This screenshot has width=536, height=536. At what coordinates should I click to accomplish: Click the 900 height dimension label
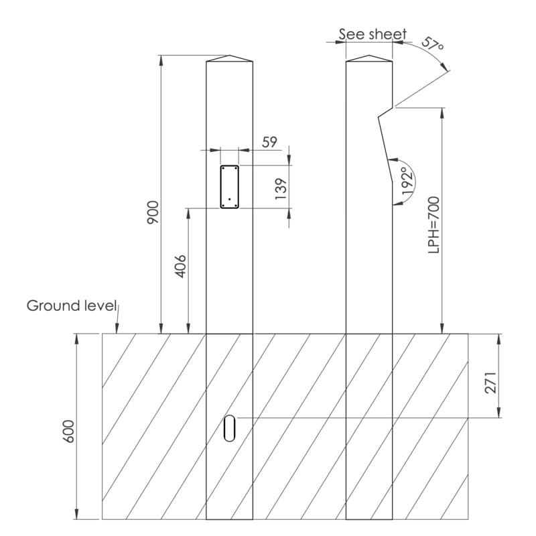pyautogui.click(x=153, y=212)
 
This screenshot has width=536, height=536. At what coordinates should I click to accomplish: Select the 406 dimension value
pyautogui.click(x=180, y=266)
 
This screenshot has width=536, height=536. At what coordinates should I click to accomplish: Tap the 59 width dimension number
pyautogui.click(x=270, y=142)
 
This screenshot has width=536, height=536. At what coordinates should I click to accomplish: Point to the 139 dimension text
pyautogui.click(x=280, y=189)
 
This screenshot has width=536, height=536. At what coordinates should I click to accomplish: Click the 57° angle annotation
pyautogui.click(x=432, y=44)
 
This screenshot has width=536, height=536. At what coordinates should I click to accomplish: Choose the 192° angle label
pyautogui.click(x=408, y=181)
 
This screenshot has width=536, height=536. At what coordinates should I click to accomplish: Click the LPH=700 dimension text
pyautogui.click(x=433, y=225)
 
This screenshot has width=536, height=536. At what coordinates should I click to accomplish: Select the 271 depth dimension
pyautogui.click(x=490, y=383)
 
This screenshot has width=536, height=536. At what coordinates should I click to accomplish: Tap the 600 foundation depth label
pyautogui.click(x=69, y=431)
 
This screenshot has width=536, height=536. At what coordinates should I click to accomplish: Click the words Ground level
pyautogui.click(x=72, y=306)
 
